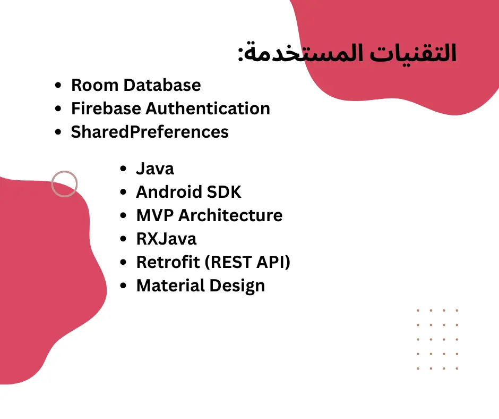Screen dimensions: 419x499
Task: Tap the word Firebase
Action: point(106,108)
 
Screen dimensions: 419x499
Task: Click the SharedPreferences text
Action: point(150,132)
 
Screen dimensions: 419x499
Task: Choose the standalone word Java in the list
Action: point(155,169)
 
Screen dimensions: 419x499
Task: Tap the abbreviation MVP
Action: point(154,215)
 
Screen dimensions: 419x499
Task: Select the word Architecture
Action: point(230,215)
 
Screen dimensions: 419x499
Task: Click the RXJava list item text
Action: point(166,239)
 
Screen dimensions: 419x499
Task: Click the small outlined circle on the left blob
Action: point(64,184)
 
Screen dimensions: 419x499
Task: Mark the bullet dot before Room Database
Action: point(59,86)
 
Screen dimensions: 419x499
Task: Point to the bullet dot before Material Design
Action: point(124,286)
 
